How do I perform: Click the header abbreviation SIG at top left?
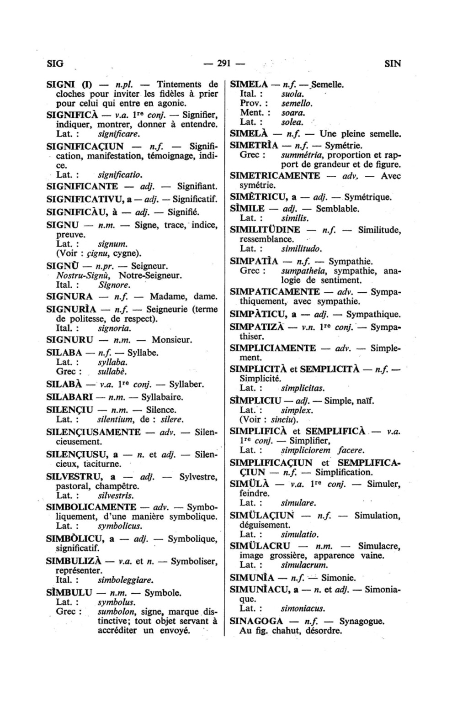pyautogui.click(x=55, y=63)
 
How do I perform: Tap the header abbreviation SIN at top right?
pyautogui.click(x=393, y=63)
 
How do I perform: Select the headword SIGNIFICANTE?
pyautogui.click(x=82, y=186)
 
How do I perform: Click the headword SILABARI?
pyautogui.click(x=70, y=397)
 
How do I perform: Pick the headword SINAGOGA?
pyautogui.click(x=256, y=621)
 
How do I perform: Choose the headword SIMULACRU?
pyautogui.click(x=260, y=546)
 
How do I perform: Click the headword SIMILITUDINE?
pyautogui.click(x=265, y=230)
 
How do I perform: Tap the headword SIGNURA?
pyautogui.click(x=70, y=296)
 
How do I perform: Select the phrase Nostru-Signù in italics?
pyautogui.click(x=80, y=275)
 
